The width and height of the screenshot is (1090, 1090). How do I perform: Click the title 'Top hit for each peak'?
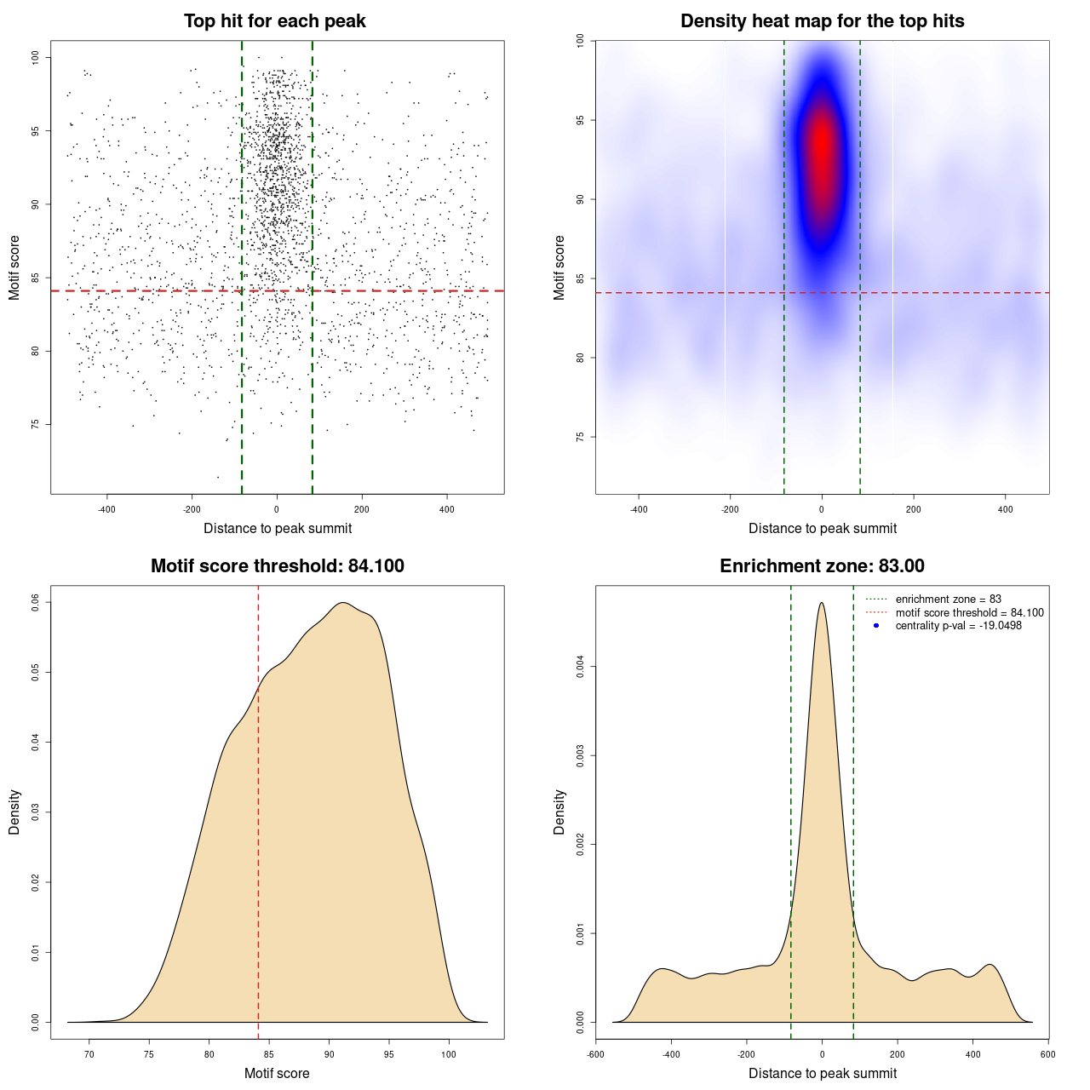point(274,21)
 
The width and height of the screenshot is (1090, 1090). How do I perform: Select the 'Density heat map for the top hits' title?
point(822,21)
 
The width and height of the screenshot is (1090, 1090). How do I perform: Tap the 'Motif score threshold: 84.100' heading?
point(277,566)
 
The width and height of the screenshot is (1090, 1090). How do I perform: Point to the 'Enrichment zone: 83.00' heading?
point(822,566)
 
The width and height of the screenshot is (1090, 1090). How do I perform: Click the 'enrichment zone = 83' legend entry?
point(948,599)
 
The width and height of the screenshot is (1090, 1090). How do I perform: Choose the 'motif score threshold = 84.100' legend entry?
point(969,613)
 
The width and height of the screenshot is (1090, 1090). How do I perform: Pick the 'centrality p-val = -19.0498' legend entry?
point(958,626)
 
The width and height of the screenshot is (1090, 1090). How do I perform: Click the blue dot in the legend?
point(876,626)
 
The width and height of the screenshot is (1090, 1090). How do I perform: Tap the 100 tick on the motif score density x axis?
point(449,1054)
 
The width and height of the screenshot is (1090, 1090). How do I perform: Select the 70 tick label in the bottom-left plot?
point(89,1054)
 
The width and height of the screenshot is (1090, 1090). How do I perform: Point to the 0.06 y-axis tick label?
point(36,602)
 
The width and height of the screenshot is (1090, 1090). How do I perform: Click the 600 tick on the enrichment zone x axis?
point(1047,1054)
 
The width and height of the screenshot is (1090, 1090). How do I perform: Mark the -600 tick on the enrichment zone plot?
point(595,1054)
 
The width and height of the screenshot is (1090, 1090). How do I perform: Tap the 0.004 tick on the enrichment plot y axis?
point(581,666)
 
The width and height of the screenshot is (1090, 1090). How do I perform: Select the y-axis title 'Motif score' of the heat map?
point(559,267)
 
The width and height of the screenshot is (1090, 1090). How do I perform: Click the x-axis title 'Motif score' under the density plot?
point(277,1073)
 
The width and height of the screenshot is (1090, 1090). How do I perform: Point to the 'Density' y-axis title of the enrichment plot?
point(559,812)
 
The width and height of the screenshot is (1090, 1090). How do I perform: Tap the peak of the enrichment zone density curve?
point(821,603)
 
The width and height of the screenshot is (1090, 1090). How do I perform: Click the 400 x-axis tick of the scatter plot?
point(446,509)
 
